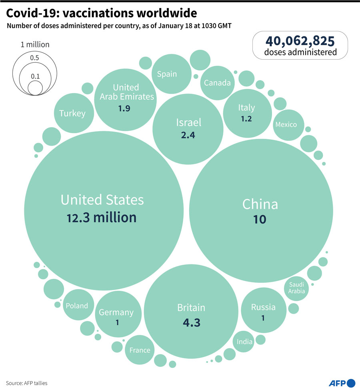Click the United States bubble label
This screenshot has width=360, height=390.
[x=102, y=200]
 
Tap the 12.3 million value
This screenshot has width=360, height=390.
[x=102, y=218]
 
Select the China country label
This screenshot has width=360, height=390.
[x=260, y=204]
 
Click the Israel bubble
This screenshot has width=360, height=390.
[x=188, y=128]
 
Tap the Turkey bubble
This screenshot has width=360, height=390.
[x=72, y=113]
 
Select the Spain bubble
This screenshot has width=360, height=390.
[x=167, y=74]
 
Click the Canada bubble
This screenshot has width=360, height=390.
[x=217, y=83]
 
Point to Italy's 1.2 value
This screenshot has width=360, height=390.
[x=246, y=119]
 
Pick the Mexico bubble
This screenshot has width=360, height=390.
[x=286, y=124]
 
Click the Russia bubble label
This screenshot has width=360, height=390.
[x=263, y=307]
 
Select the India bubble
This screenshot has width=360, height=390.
[x=245, y=342]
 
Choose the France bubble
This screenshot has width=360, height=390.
[x=140, y=350]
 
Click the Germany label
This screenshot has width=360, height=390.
[x=116, y=312]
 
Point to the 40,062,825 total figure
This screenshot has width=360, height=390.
[x=300, y=41]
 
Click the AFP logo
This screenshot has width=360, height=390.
[x=342, y=383]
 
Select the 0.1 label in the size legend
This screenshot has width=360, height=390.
[x=35, y=76]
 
